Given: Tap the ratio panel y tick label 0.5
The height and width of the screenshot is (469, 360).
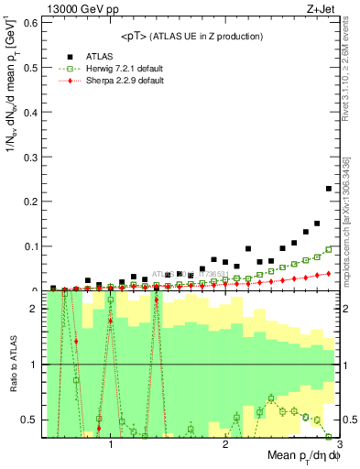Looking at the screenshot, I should [x=29, y=420].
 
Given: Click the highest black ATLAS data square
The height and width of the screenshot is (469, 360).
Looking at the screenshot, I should [x=329, y=189].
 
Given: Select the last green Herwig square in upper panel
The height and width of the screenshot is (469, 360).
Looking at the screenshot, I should [x=329, y=249].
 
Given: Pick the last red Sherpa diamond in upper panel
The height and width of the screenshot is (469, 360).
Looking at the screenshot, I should [x=329, y=273].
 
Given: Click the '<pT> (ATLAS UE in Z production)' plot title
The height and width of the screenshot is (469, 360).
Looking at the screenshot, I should [x=191, y=36].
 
